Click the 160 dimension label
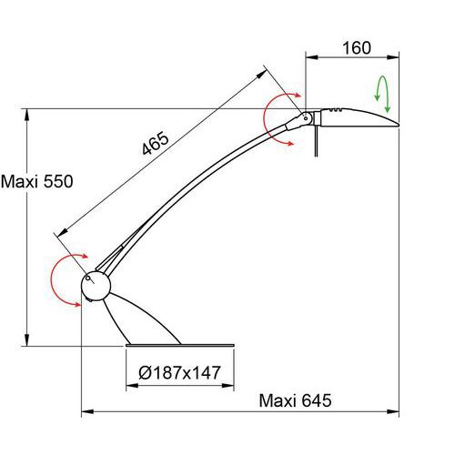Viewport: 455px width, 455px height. click(x=357, y=48)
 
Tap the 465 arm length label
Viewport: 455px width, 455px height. click(x=156, y=143)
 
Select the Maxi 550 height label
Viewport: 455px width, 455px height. click(x=36, y=182)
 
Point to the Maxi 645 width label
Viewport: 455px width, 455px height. click(x=295, y=400)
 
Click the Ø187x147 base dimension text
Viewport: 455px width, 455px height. click(x=179, y=372)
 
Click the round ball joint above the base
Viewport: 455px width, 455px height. click(x=96, y=286)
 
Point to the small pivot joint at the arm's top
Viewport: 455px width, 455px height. click(x=306, y=118)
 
